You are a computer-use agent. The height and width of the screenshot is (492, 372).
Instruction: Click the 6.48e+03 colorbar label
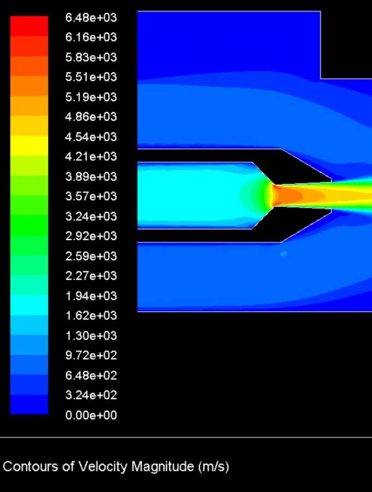coord(91,17)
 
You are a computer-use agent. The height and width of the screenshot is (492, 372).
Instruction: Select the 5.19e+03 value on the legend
coord(91,97)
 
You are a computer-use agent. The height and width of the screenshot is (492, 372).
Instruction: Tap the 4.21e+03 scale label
coord(91,156)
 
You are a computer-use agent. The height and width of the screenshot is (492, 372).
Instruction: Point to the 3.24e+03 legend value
coord(91,216)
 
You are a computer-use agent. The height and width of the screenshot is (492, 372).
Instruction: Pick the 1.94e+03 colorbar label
coord(91,296)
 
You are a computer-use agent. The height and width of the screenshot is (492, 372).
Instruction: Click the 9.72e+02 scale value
coord(91,355)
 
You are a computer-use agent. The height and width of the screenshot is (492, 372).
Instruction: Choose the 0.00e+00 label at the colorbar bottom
coord(91,415)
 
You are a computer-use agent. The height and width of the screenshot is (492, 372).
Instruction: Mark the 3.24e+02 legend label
coord(91,395)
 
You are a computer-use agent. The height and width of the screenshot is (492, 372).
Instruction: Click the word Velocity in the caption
coord(103,467)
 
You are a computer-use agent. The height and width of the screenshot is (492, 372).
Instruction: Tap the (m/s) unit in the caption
coord(213,467)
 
